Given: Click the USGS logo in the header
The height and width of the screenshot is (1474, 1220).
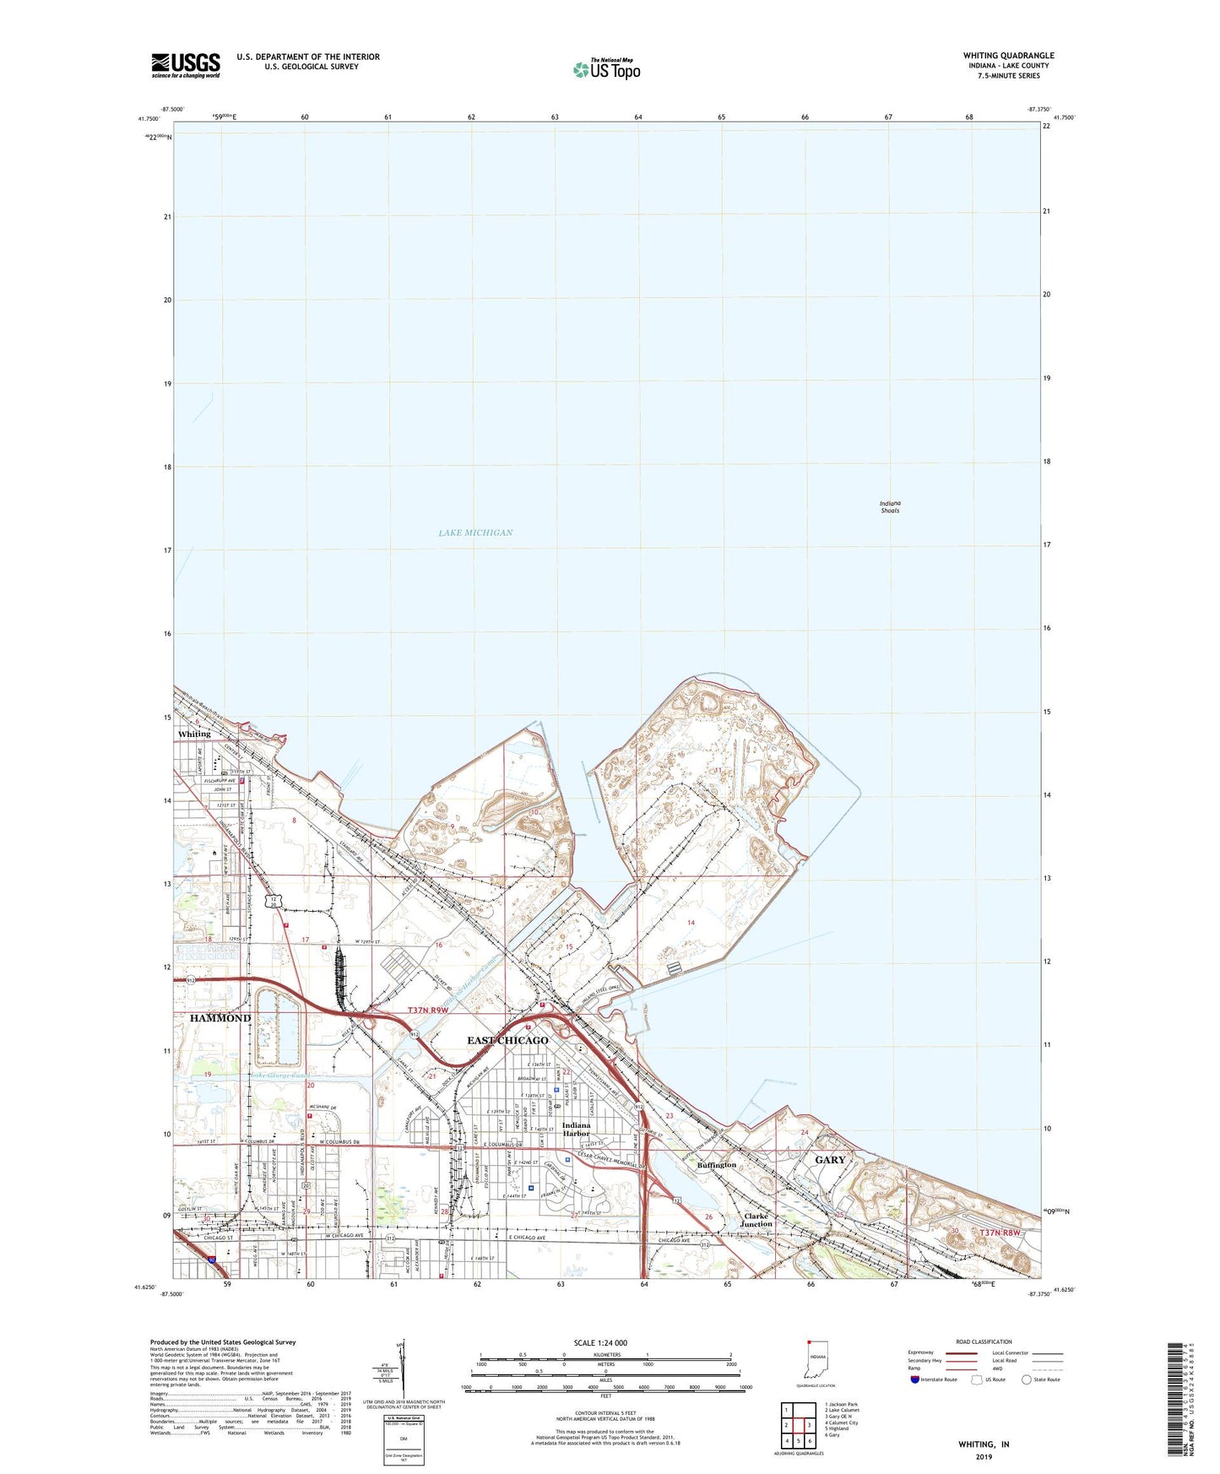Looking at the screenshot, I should click(x=186, y=64).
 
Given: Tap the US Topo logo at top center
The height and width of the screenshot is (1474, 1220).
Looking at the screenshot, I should click(x=606, y=69).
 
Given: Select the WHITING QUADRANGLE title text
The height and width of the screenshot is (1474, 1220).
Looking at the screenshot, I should click(x=1008, y=56).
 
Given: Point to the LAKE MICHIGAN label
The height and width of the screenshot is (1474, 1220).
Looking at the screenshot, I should click(x=475, y=533).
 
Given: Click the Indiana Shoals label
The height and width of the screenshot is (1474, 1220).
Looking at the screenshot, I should click(x=890, y=507).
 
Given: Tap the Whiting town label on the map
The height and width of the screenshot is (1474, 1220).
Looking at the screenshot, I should click(x=194, y=734).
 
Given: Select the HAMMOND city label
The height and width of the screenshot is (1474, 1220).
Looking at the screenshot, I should click(x=220, y=1018).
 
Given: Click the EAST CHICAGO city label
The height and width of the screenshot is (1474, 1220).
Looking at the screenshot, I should click(x=507, y=1040).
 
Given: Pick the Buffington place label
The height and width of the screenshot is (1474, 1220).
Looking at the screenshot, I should click(x=717, y=1165).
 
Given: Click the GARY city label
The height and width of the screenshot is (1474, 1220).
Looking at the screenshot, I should click(x=830, y=1159).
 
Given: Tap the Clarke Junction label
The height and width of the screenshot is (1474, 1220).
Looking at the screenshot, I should click(x=756, y=1220).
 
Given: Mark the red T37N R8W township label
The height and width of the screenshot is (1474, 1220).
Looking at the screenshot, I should click(x=1000, y=1233).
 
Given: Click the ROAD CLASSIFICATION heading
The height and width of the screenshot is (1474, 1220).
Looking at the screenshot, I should click(x=984, y=1341).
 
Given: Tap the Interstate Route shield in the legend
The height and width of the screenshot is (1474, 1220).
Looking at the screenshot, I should click(x=915, y=1379).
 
